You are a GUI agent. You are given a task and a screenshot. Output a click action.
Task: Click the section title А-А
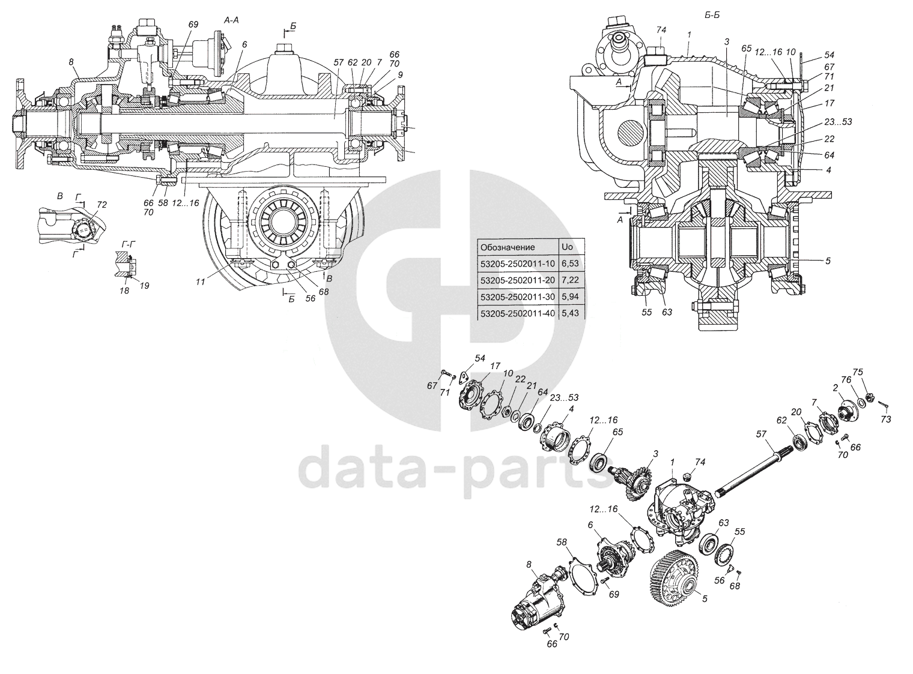(x=232, y=20)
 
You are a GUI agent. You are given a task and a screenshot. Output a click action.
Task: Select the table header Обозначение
(x=507, y=247)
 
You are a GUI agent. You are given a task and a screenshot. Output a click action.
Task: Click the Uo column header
(x=566, y=247)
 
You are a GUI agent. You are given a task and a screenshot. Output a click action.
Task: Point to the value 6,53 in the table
(x=569, y=264)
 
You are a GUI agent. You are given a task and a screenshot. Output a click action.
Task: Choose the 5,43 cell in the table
(x=569, y=313)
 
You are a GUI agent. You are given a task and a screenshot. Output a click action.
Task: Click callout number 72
(x=103, y=205)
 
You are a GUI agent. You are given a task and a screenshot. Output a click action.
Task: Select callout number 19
(x=144, y=286)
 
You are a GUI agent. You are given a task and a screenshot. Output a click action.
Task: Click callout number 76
(x=846, y=380)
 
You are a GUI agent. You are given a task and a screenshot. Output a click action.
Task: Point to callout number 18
(x=124, y=290)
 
